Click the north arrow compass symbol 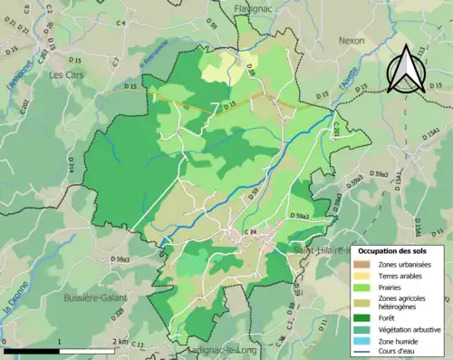tap(406, 69)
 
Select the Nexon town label tap(351, 41)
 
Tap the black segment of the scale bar tap(32, 350)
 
